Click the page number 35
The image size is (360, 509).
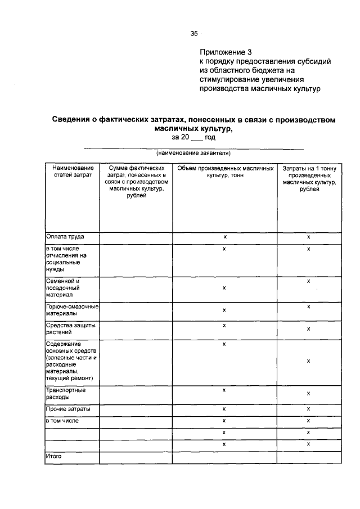click(193, 34)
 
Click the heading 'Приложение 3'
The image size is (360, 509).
click(222, 52)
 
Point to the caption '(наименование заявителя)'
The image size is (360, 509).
click(193, 152)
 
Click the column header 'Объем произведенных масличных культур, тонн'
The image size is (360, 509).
click(223, 172)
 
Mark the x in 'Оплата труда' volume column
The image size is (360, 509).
click(224, 238)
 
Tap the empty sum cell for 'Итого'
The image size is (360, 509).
click(135, 458)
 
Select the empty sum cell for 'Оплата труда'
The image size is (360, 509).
click(135, 238)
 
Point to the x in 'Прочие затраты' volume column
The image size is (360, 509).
click(224, 409)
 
